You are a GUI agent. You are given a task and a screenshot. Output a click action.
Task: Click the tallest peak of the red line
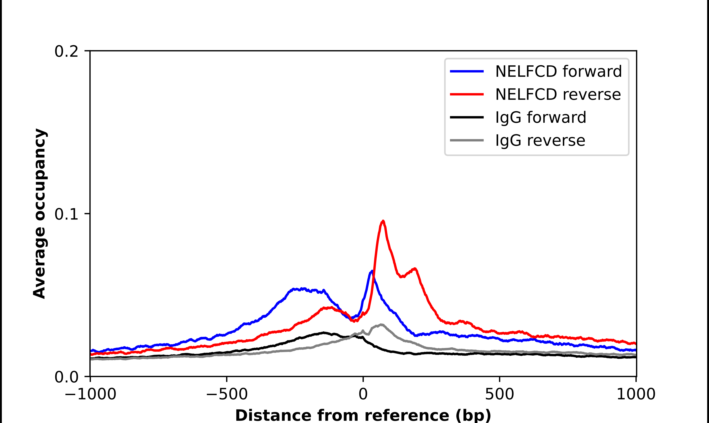pyautogui.click(x=383, y=221)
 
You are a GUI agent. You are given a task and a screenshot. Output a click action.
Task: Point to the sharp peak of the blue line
pyautogui.click(x=372, y=271)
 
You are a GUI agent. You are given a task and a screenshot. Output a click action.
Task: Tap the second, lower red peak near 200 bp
pyautogui.click(x=415, y=269)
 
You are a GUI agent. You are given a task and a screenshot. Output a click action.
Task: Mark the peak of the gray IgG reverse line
pyautogui.click(x=381, y=325)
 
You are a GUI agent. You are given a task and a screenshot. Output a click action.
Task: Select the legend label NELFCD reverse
pyautogui.click(x=558, y=94)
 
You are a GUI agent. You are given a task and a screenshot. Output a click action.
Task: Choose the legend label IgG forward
pyautogui.click(x=541, y=118)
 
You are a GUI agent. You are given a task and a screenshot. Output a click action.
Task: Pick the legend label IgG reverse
pyautogui.click(x=540, y=141)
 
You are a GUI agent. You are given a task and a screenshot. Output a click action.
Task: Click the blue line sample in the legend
pyautogui.click(x=467, y=71)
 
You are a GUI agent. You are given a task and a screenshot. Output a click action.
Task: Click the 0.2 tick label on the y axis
pyautogui.click(x=66, y=51)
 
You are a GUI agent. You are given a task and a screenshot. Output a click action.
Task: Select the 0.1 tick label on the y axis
pyautogui.click(x=66, y=214)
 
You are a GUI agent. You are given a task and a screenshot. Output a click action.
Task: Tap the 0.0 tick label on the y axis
pyautogui.click(x=66, y=377)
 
